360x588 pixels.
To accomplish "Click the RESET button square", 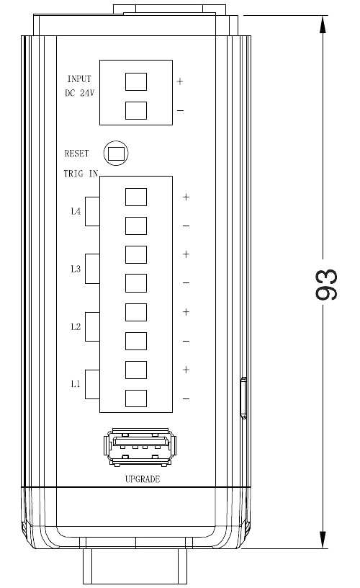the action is pyautogui.click(x=116, y=153).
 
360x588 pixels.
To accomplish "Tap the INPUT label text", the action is pyautogui.click(x=79, y=79).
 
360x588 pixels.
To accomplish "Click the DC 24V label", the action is pyautogui.click(x=80, y=93).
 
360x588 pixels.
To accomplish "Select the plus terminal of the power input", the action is pyautogui.click(x=135, y=81).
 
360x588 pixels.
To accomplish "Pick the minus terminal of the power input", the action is pyautogui.click(x=135, y=111).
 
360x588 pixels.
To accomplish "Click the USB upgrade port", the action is pyautogui.click(x=140, y=447).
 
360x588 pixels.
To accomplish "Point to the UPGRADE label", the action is pyautogui.click(x=143, y=479).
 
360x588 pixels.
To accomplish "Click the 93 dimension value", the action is pyautogui.click(x=327, y=284).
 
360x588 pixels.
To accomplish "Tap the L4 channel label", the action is pyautogui.click(x=76, y=211).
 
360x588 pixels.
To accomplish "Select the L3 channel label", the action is pyautogui.click(x=76, y=269).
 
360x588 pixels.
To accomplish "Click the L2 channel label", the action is pyautogui.click(x=76, y=326).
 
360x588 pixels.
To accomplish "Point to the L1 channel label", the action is pyautogui.click(x=76, y=384).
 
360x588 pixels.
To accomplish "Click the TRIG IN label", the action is pyautogui.click(x=81, y=174).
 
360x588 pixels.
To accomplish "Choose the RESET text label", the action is pyautogui.click(x=77, y=153).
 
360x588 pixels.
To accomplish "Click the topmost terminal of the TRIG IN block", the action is pyautogui.click(x=135, y=197).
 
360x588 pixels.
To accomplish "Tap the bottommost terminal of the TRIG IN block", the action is pyautogui.click(x=135, y=398).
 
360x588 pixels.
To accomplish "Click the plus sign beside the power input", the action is pyautogui.click(x=180, y=81).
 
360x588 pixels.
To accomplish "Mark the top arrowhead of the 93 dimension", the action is pyautogui.click(x=323, y=24).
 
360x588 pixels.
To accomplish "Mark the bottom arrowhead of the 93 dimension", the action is pyautogui.click(x=323, y=540).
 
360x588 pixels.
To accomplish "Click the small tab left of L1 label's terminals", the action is pyautogui.click(x=92, y=384).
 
